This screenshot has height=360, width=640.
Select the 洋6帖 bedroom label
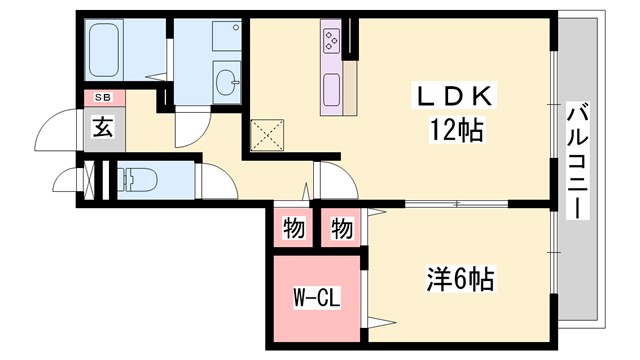[x=457, y=278]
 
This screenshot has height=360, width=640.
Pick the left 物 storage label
[x=293, y=229]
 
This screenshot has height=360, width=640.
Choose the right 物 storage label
[x=341, y=229]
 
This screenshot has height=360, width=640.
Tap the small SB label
[x=103, y=98]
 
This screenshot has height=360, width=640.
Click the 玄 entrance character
[x=103, y=126]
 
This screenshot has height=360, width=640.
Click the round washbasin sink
[x=227, y=80]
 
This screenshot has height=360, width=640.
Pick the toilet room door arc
[x=216, y=182]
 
